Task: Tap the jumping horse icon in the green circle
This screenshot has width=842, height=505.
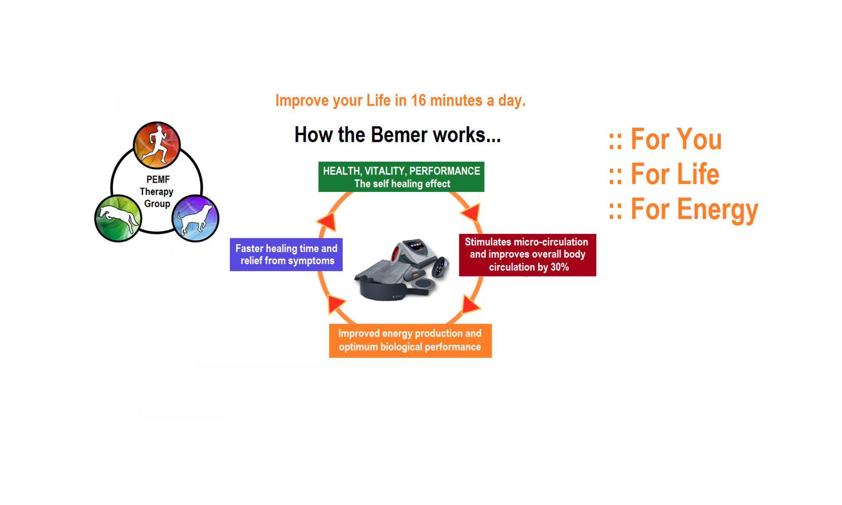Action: click(x=118, y=218)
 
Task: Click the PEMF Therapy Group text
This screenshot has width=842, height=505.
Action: click(x=157, y=191)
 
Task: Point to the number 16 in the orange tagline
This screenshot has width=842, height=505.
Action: click(x=418, y=101)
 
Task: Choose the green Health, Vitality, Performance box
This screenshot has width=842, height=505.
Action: click(x=401, y=177)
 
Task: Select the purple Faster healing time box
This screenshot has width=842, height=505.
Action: click(x=286, y=255)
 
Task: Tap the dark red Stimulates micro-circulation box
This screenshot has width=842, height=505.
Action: click(x=527, y=255)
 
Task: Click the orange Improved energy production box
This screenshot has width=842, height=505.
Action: click(x=410, y=340)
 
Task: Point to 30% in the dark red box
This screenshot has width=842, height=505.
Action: click(x=560, y=267)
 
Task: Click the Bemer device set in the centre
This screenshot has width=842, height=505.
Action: click(x=402, y=269)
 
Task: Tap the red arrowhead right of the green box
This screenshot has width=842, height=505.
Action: click(x=472, y=211)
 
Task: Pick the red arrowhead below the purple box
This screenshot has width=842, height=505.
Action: click(x=336, y=303)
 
